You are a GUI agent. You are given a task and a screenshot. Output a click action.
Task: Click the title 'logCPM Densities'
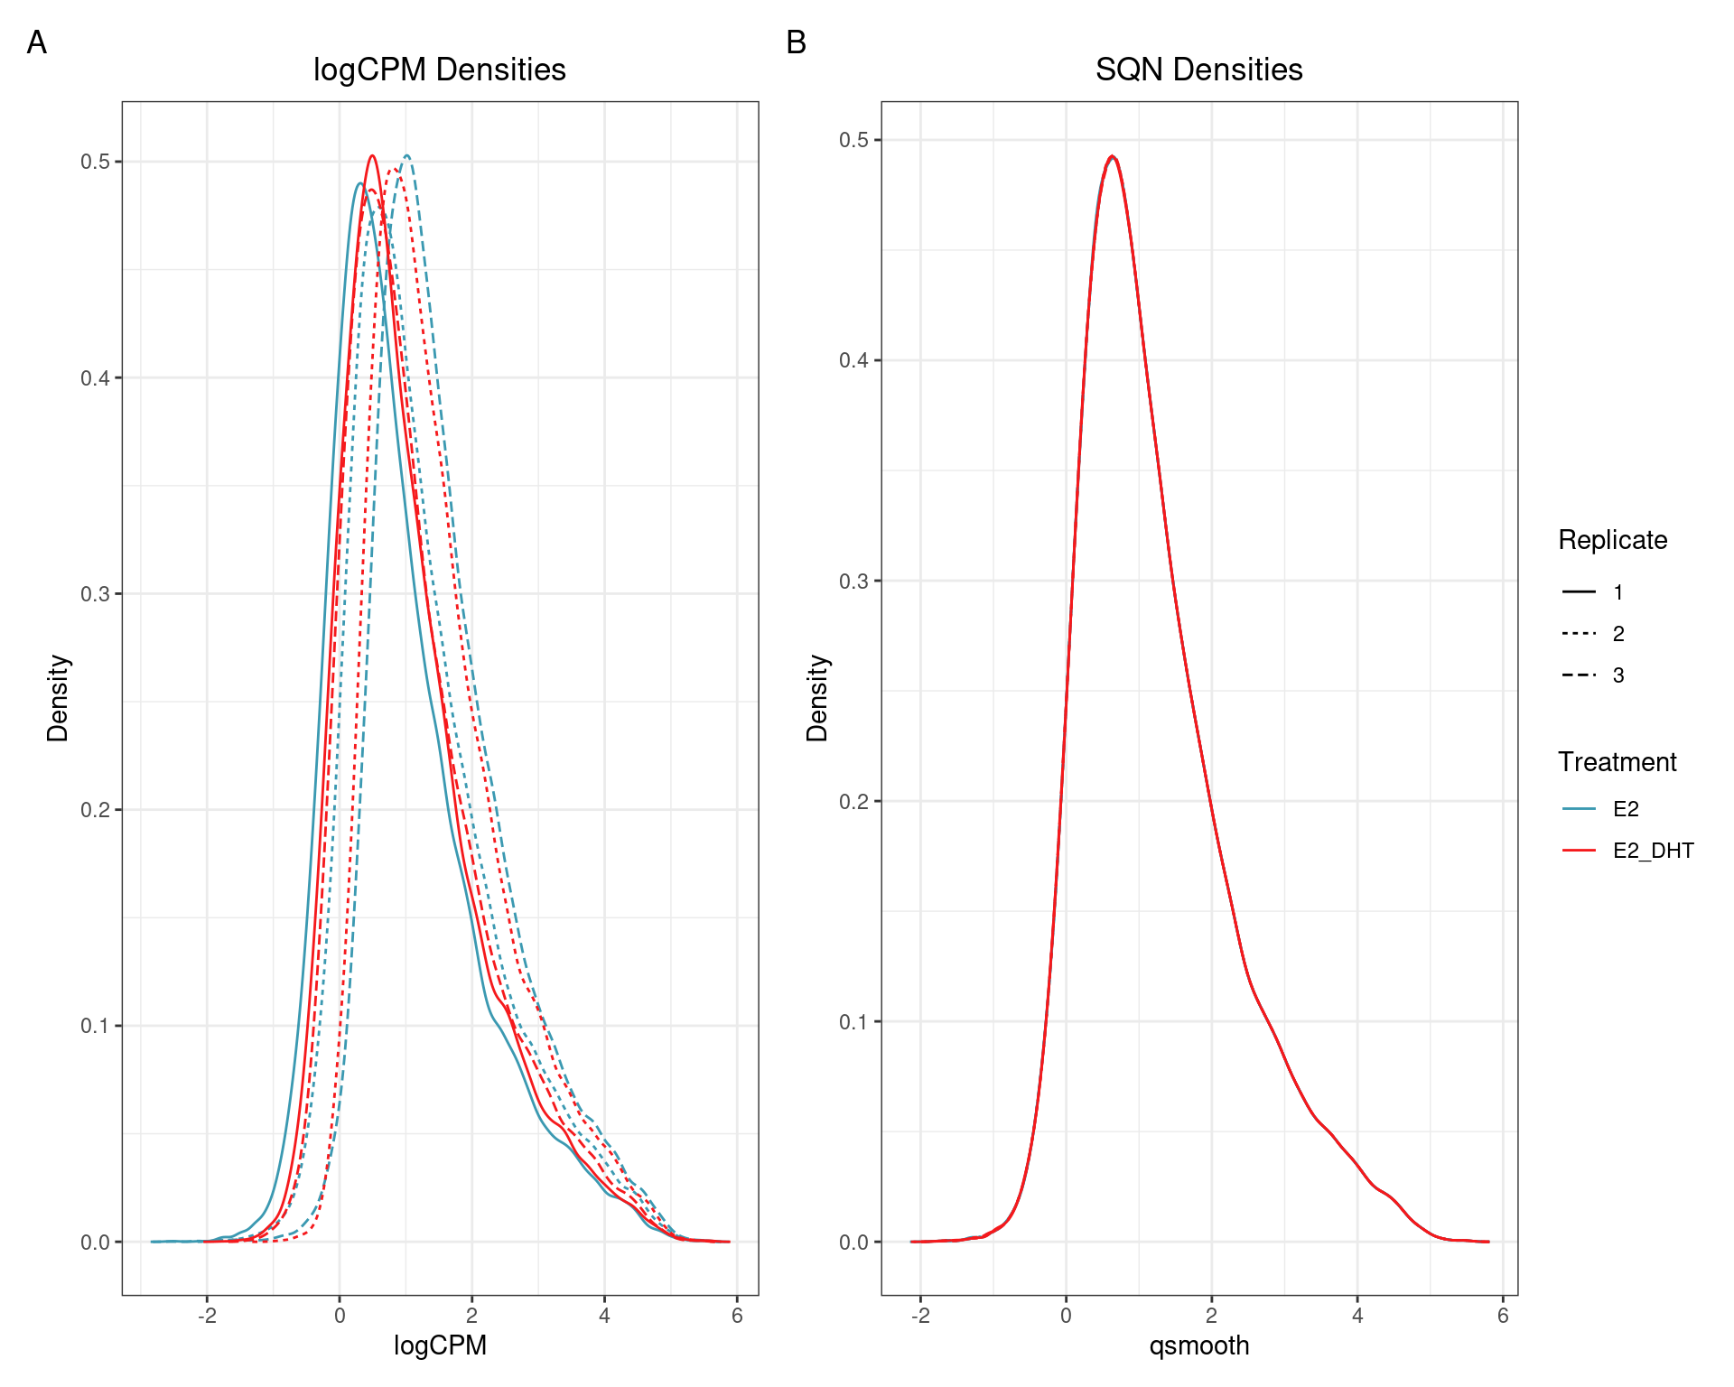pos(439,70)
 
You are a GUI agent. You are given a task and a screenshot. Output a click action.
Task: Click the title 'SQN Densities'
pos(1198,70)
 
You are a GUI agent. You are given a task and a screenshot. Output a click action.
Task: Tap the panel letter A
pos(37,42)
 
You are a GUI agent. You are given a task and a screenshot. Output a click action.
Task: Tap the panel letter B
pos(796,42)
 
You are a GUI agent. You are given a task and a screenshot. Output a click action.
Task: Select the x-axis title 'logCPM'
pos(440,1345)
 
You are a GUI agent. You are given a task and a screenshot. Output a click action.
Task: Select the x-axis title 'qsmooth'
pos(1198,1345)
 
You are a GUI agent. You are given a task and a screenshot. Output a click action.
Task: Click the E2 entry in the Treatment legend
pos(1626,809)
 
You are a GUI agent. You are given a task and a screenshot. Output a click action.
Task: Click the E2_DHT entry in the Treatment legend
pos(1653,851)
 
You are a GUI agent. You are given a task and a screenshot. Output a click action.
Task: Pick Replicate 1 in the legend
pos(1617,592)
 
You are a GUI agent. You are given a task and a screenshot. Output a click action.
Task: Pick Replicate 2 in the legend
pos(1617,634)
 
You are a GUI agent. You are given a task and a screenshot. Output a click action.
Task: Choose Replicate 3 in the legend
pos(1617,675)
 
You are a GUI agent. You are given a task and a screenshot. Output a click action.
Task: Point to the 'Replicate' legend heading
pos(1612,540)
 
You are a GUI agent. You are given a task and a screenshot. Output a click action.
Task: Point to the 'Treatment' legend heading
pos(1617,762)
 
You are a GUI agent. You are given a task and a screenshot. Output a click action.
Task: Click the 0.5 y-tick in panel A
pos(95,162)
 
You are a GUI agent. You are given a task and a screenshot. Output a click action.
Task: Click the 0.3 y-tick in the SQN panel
pos(853,581)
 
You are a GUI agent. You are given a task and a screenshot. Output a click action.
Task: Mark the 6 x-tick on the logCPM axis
pos(737,1316)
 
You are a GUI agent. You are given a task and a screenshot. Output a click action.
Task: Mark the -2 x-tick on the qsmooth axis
pos(920,1316)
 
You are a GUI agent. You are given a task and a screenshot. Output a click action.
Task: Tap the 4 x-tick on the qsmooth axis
pos(1357,1316)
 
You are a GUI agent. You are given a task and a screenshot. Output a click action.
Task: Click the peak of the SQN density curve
pos(1113,156)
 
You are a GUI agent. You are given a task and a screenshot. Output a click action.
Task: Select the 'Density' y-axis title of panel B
pos(817,698)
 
